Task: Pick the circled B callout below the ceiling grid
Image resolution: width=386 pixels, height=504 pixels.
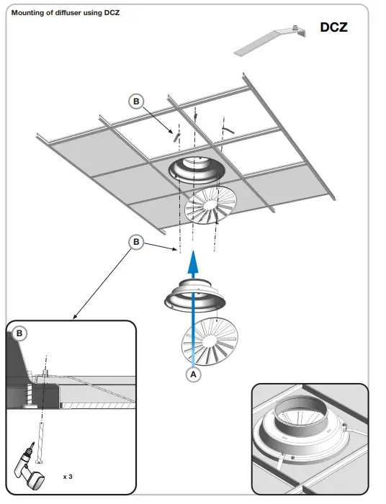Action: point(137,242)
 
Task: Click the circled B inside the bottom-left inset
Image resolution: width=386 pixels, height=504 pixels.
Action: point(20,333)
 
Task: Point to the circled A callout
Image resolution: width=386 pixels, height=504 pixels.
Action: point(192,374)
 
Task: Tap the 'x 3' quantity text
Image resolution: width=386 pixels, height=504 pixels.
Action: point(68,477)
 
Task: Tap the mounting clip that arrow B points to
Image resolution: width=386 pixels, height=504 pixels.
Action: point(173,134)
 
